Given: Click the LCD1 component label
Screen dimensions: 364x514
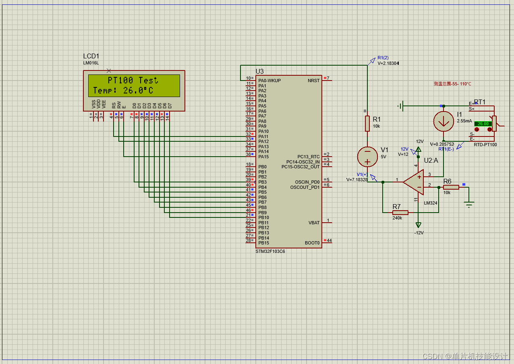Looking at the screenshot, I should [x=91, y=56].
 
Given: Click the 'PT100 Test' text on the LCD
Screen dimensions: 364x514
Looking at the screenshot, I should [x=133, y=80].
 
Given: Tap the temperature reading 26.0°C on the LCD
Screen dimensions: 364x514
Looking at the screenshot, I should [x=138, y=91].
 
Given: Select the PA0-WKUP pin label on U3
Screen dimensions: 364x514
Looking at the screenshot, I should [x=269, y=81].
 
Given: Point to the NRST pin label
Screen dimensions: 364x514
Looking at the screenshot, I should [x=313, y=81].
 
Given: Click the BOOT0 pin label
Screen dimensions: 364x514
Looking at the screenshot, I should [x=312, y=243].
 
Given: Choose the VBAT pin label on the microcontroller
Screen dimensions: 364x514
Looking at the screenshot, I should [x=314, y=223].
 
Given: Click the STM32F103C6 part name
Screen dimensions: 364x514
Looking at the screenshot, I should [x=270, y=251].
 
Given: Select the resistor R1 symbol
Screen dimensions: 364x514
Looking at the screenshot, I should [x=367, y=124].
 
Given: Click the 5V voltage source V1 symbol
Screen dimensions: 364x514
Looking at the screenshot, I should [x=367, y=157].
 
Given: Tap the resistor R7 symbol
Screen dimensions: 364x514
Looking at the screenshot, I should [x=400, y=213].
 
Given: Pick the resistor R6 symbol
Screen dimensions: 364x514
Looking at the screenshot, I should [x=451, y=187].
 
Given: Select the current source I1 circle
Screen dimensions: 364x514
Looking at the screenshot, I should [x=444, y=122].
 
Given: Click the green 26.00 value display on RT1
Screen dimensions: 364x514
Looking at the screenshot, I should [x=483, y=124].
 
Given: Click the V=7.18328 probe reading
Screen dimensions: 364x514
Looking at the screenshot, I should [x=356, y=180].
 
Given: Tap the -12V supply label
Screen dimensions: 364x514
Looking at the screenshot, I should [x=419, y=233].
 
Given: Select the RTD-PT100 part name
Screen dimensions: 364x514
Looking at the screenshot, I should [x=485, y=145].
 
